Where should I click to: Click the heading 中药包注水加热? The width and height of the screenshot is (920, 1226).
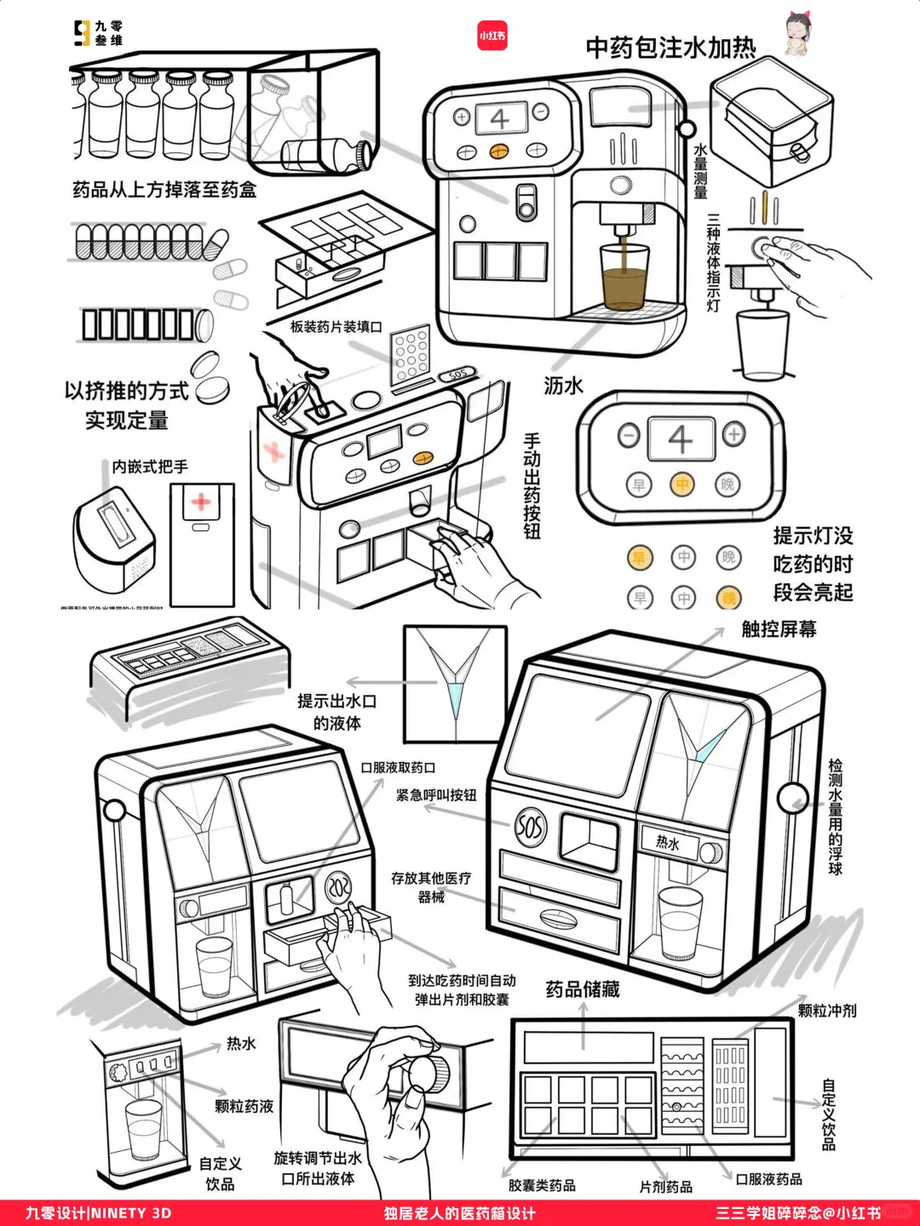[x=670, y=48]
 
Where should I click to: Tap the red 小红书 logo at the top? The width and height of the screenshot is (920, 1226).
[x=492, y=36]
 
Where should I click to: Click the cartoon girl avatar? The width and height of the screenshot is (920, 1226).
[x=797, y=34]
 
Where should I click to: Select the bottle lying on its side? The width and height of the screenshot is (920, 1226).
[x=326, y=155]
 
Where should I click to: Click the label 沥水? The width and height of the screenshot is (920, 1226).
[x=563, y=386]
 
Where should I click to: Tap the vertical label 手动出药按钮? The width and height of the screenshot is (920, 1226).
[x=532, y=486]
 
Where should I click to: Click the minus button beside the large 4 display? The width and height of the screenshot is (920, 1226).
[x=629, y=435]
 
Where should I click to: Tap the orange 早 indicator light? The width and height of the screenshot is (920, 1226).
[x=639, y=558]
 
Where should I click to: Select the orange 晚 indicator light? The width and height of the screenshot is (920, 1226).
[x=728, y=598]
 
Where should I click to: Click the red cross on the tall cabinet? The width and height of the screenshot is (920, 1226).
[x=201, y=501]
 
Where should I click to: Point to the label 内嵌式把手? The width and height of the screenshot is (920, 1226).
[x=150, y=467]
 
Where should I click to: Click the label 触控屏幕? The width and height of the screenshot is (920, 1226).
[x=779, y=629]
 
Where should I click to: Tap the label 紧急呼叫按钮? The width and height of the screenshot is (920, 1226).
[x=436, y=795]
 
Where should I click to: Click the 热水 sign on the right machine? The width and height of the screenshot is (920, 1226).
[x=668, y=843]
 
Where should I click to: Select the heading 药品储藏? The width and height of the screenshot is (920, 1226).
[x=583, y=989]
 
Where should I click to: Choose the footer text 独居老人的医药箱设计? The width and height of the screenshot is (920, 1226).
[x=459, y=1213]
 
